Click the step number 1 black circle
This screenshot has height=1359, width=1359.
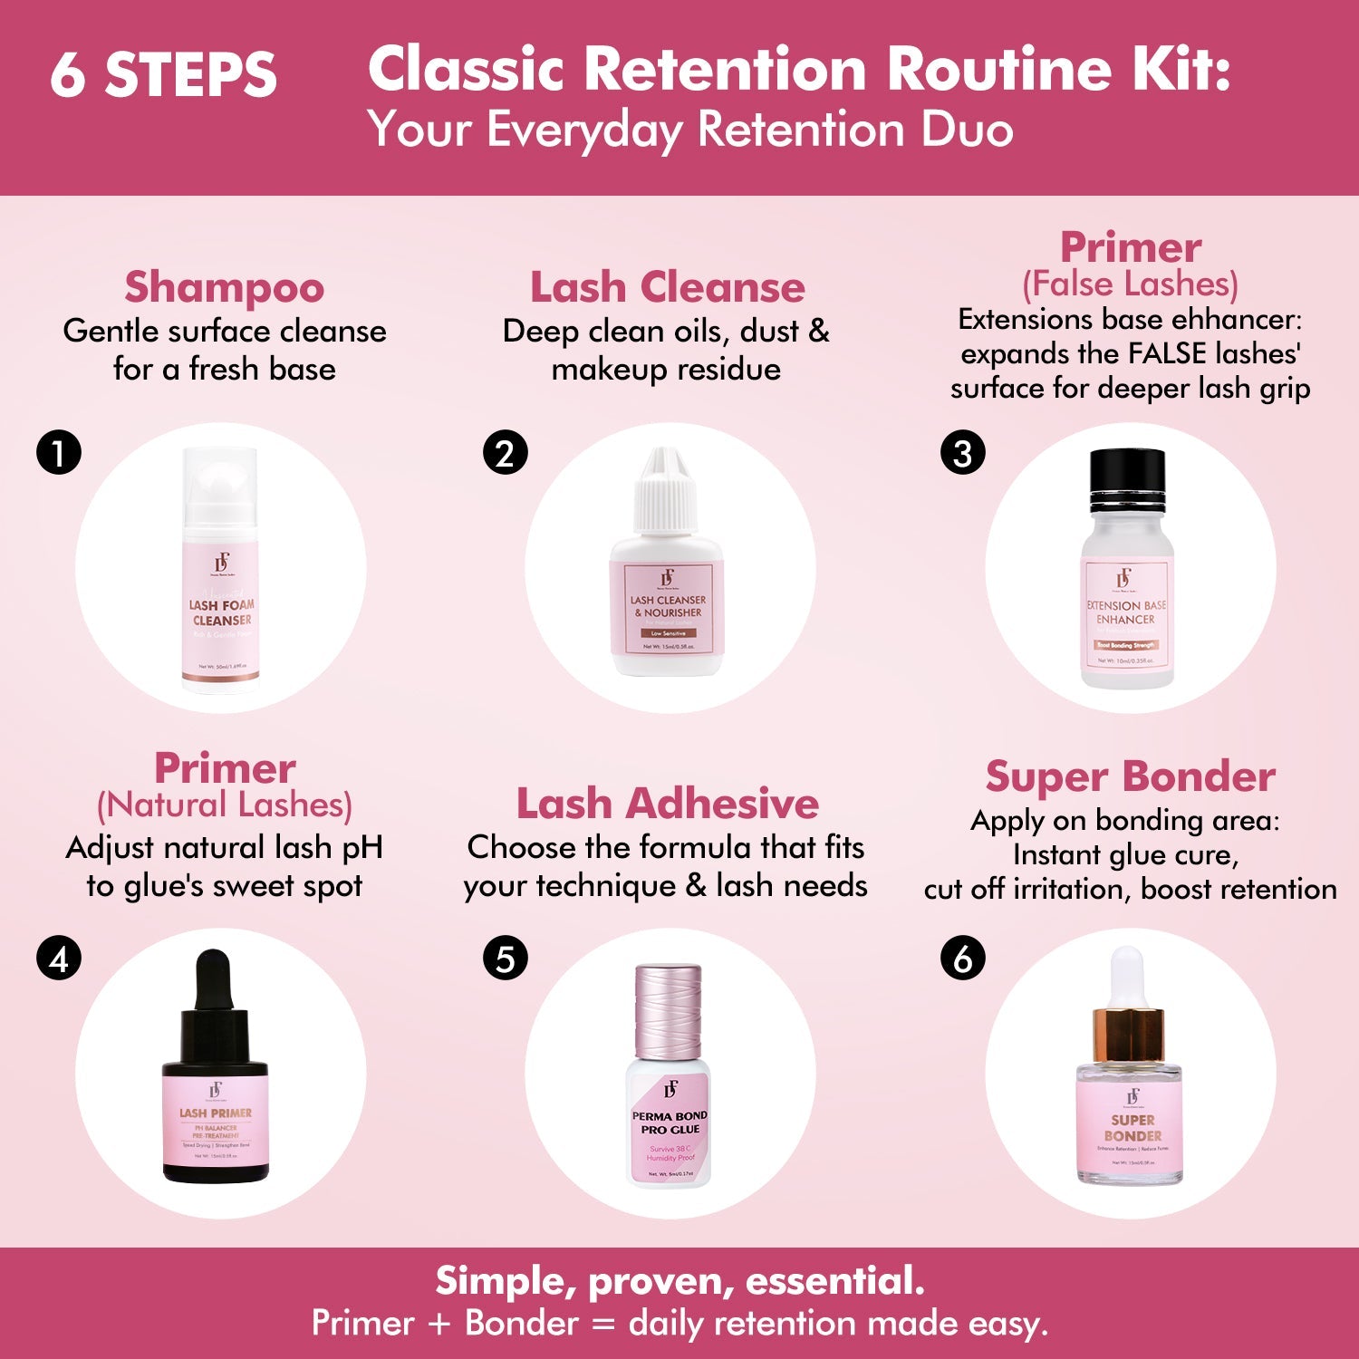[x=59, y=452]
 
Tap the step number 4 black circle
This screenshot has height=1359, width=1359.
[x=59, y=958]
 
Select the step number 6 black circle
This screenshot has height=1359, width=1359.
[x=963, y=958]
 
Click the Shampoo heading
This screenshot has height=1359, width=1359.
[x=224, y=287]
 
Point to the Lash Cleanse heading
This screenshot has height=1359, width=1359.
[x=667, y=287]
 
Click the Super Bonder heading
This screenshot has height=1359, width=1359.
[x=1130, y=776]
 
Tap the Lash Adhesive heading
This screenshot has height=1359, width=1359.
[x=667, y=804]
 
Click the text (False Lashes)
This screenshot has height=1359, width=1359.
[x=1130, y=284]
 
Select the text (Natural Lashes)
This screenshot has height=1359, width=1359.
[x=224, y=805]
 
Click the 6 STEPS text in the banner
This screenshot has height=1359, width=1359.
[x=163, y=74]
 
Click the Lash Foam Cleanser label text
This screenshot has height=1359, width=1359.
[x=221, y=612]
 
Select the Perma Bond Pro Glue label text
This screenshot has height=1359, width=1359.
[x=670, y=1123]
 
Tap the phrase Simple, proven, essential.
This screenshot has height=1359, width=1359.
[x=679, y=1281]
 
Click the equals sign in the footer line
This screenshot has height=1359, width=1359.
[x=602, y=1324]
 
